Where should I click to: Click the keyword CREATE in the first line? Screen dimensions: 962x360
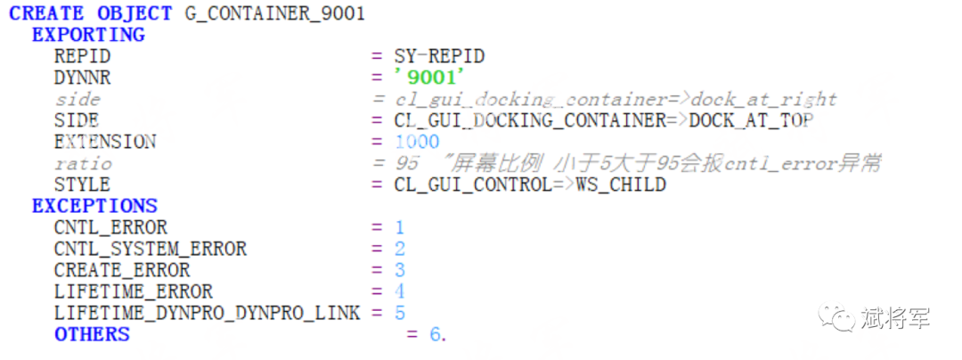click(46, 13)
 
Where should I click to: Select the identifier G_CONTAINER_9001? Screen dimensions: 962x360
click(275, 14)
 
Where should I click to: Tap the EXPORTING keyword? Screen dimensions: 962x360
click(88, 35)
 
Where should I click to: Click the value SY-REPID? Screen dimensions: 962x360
click(439, 57)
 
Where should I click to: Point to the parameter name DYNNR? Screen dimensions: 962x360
click(83, 78)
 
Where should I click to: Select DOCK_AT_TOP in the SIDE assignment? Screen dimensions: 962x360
click(752, 121)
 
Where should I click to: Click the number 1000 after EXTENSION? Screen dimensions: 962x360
click(417, 143)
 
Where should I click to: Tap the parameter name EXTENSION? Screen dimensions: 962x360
click(105, 143)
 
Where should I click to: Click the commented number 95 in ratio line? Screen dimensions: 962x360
click(406, 164)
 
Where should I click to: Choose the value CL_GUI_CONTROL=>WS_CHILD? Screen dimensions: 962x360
click(530, 184)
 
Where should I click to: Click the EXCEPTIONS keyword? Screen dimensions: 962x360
click(94, 206)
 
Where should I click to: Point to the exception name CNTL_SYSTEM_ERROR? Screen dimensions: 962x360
click(151, 249)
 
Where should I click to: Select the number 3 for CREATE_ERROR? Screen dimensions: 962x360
click(400, 271)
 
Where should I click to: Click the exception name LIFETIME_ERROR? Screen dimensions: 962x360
click(133, 291)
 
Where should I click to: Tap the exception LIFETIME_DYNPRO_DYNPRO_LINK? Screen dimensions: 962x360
click(208, 314)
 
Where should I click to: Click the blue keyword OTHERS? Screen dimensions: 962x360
click(92, 334)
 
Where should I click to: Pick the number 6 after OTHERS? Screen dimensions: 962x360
click(435, 335)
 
